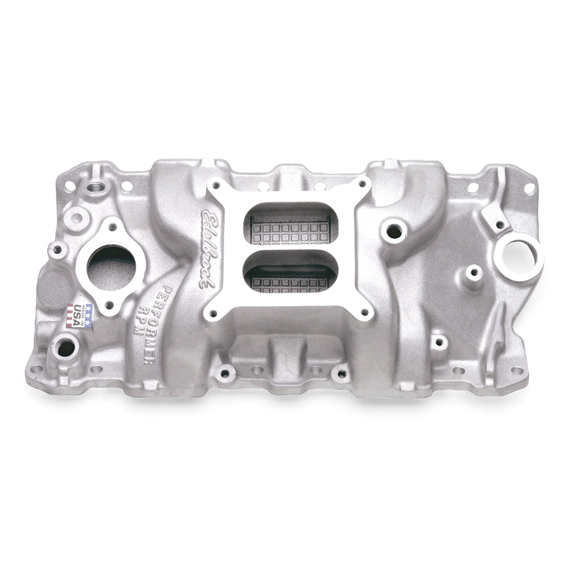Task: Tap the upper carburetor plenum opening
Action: pyautogui.click(x=289, y=225)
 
